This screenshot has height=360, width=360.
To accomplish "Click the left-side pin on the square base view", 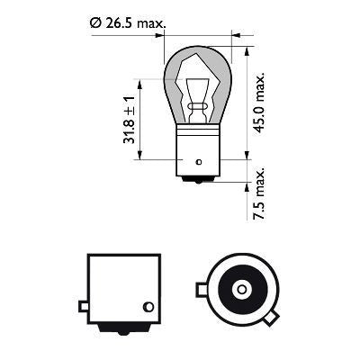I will tap(83, 307).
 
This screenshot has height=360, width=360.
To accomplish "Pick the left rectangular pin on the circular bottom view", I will tap(202, 289).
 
